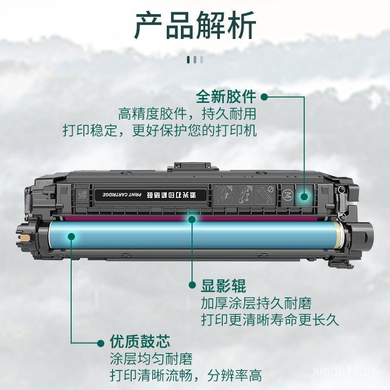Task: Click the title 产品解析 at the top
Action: (x=195, y=26)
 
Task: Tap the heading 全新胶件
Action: (x=226, y=97)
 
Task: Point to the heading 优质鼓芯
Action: (x=139, y=341)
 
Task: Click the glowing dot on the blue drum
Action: (x=72, y=237)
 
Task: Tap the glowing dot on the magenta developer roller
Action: (x=192, y=219)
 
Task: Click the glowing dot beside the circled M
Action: (x=304, y=196)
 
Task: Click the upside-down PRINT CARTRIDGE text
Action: (x=121, y=195)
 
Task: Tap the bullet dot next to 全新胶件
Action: (x=264, y=97)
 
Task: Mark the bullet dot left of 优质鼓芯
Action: (x=101, y=342)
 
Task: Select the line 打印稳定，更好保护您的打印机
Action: (x=159, y=131)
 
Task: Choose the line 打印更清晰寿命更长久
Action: (x=270, y=320)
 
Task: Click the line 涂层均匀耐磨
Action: (x=151, y=359)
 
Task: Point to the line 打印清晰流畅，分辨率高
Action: (x=186, y=376)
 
